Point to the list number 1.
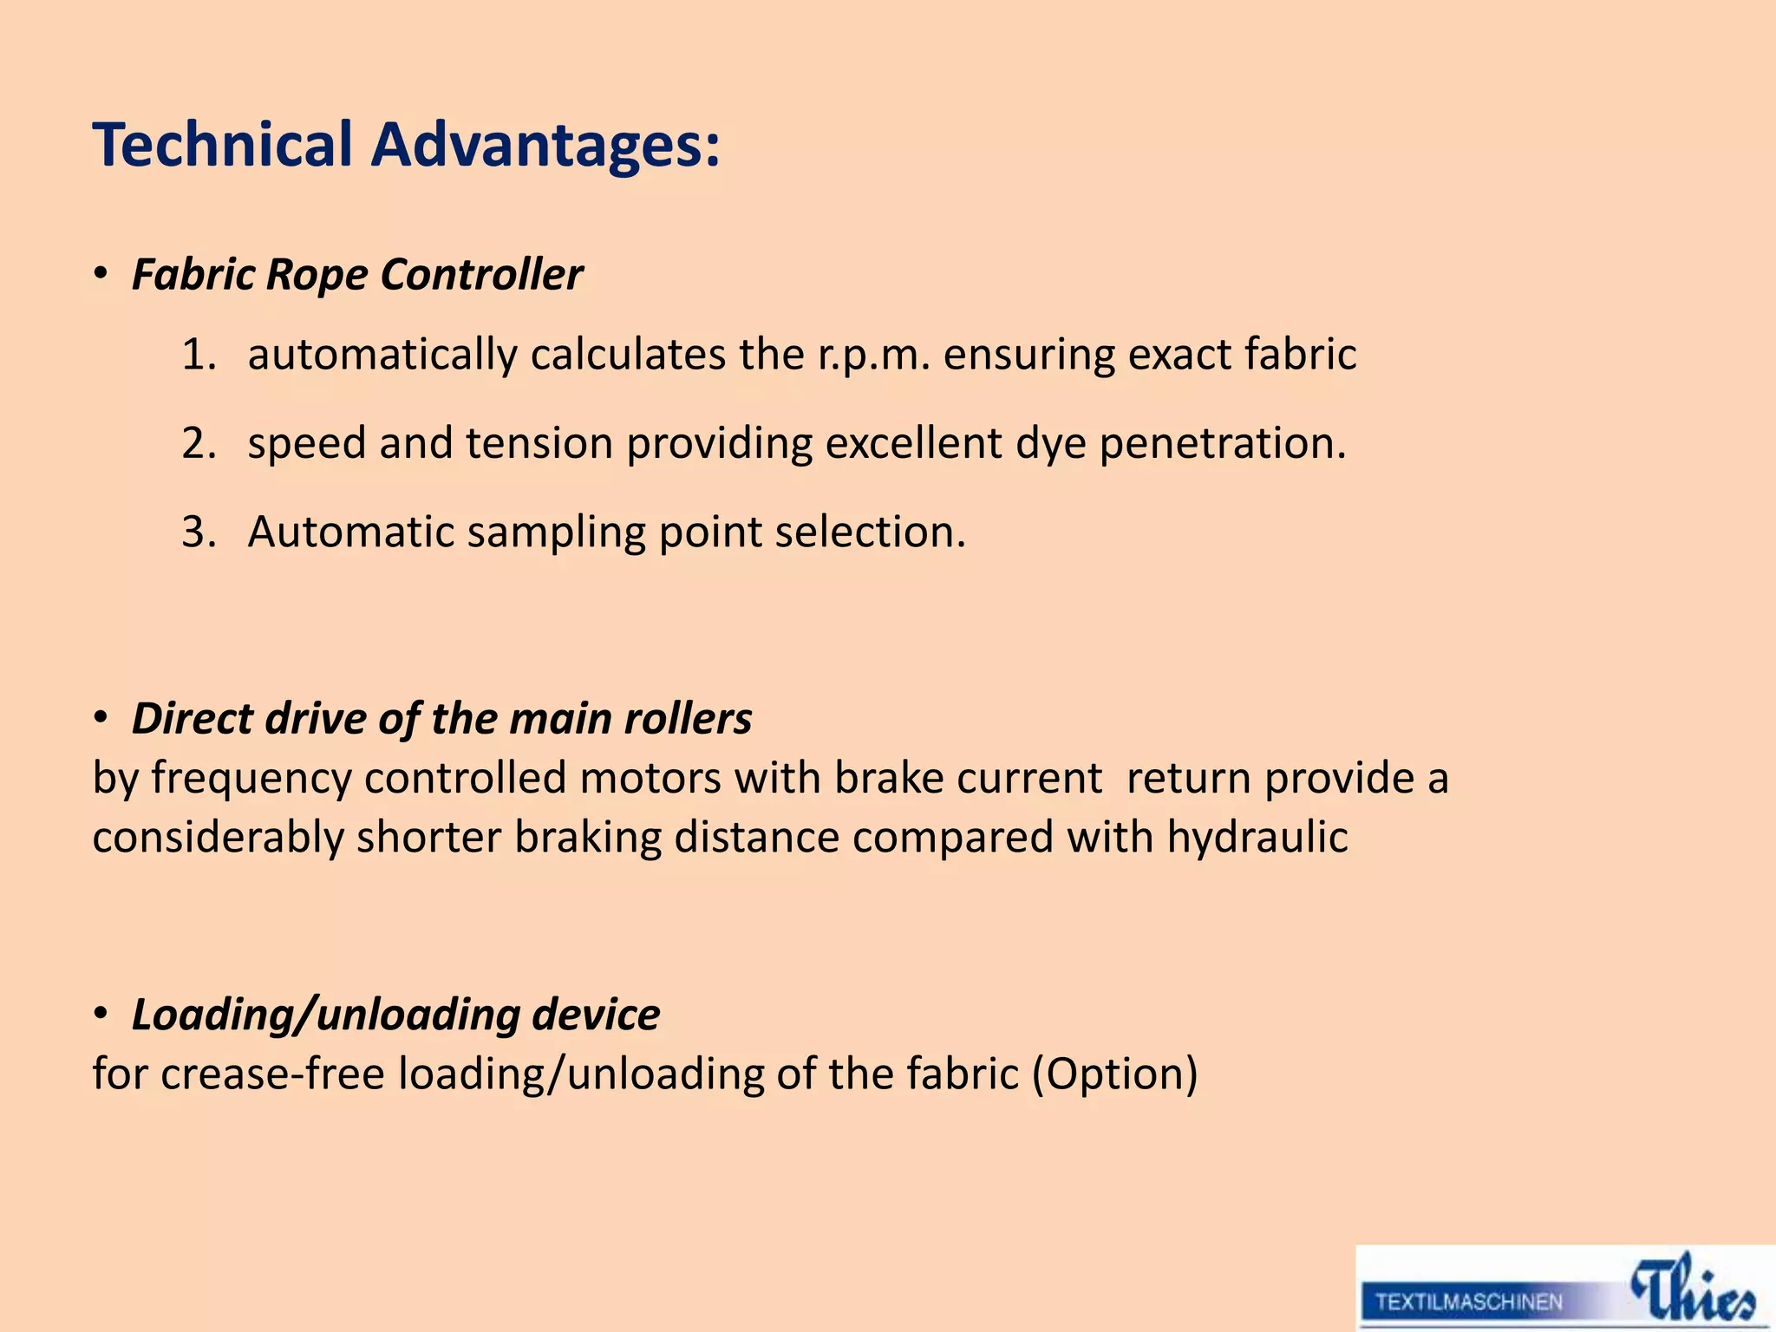pyautogui.click(x=198, y=356)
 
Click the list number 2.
pyautogui.click(x=198, y=444)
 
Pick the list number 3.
pyautogui.click(x=198, y=532)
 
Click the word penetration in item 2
pyautogui.click(x=1223, y=444)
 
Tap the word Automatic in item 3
pyautogui.click(x=350, y=532)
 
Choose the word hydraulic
pyautogui.click(x=1257, y=839)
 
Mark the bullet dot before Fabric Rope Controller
pyautogui.click(x=101, y=275)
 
